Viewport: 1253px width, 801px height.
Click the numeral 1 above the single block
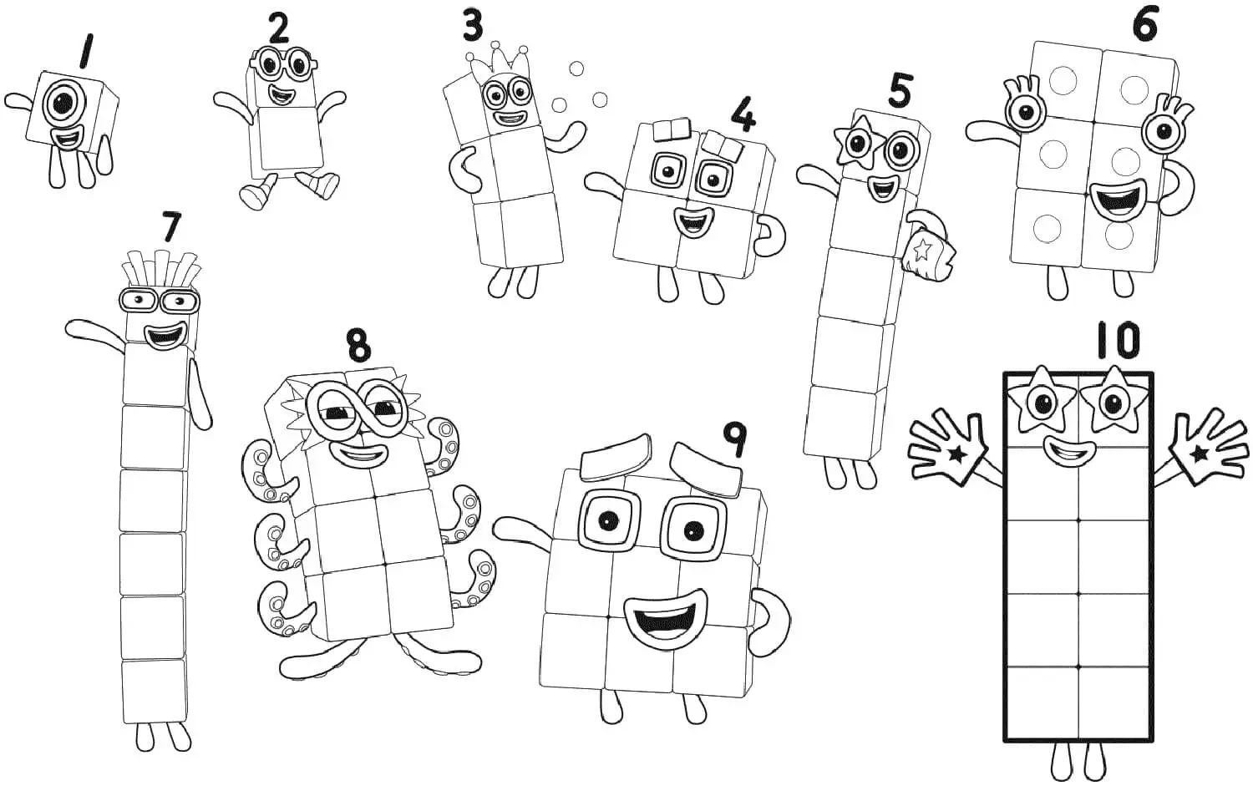84,51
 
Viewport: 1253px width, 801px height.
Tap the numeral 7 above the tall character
171,226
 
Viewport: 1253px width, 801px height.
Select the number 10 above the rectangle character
1117,341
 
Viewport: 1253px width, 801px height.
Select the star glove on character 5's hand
925,251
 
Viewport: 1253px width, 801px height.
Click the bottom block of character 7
154,691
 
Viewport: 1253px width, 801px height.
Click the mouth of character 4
692,223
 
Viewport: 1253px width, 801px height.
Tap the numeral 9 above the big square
733,439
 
